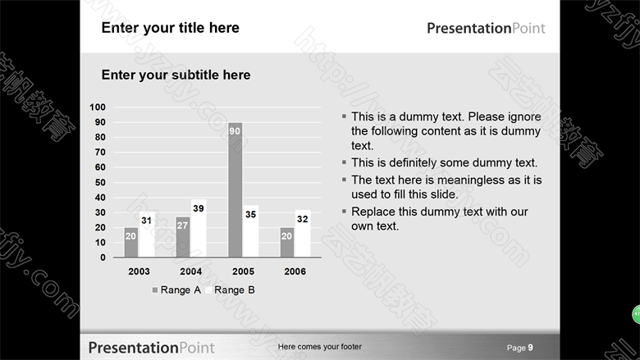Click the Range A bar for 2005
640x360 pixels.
click(x=235, y=190)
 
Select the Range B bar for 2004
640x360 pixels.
click(x=199, y=228)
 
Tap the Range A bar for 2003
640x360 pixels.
click(x=131, y=242)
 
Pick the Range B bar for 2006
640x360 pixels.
click(x=303, y=234)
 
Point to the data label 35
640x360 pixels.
click(x=250, y=215)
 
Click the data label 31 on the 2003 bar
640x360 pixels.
click(x=147, y=221)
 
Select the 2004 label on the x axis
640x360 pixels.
click(x=191, y=271)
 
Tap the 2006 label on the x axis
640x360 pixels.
click(x=295, y=271)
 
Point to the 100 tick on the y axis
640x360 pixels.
click(x=98, y=107)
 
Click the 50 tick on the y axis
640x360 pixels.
click(x=100, y=183)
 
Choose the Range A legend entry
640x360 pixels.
click(x=176, y=289)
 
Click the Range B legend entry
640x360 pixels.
click(x=231, y=289)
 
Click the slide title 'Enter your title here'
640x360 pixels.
click(x=170, y=28)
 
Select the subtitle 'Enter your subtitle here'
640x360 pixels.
click(x=176, y=75)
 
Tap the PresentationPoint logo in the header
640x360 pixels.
click(x=486, y=28)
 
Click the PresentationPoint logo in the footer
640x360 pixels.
click(x=152, y=348)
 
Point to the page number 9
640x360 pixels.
click(x=530, y=348)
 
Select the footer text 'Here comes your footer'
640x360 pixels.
click(x=320, y=347)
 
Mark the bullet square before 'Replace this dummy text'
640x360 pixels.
click(x=344, y=211)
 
